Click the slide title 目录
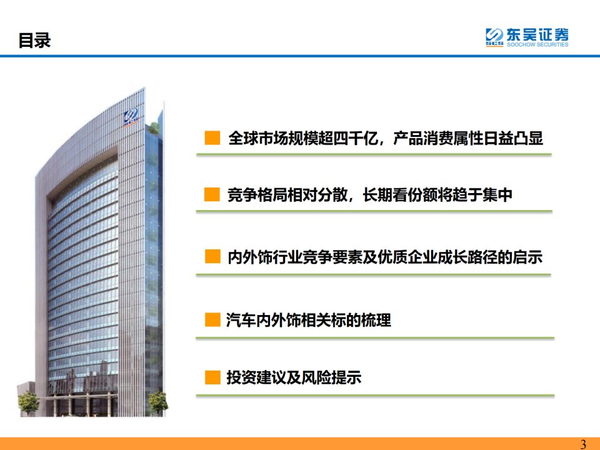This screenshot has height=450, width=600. pyautogui.click(x=34, y=41)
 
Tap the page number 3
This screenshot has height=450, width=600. pyautogui.click(x=584, y=444)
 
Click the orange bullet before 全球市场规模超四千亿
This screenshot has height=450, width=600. pyautogui.click(x=212, y=137)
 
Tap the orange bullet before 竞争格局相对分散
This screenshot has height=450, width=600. pyautogui.click(x=212, y=195)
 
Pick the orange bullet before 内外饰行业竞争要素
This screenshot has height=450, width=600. pyautogui.click(x=212, y=256)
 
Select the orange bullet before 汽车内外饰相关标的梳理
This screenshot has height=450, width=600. pyautogui.click(x=212, y=321)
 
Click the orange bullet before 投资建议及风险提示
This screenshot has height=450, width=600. pyautogui.click(x=212, y=377)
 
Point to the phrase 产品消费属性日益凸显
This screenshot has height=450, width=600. pyautogui.click(x=468, y=137)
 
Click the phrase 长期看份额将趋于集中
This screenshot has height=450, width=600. pyautogui.click(x=437, y=195)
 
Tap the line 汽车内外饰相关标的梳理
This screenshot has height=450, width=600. pyautogui.click(x=309, y=321)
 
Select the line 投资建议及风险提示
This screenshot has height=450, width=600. pyautogui.click(x=294, y=377)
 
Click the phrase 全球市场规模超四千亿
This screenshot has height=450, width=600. pyautogui.click(x=302, y=137)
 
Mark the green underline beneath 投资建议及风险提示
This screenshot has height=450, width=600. pyautogui.click(x=375, y=395)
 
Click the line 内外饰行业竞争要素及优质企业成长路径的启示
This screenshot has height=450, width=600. pyautogui.click(x=384, y=256)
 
